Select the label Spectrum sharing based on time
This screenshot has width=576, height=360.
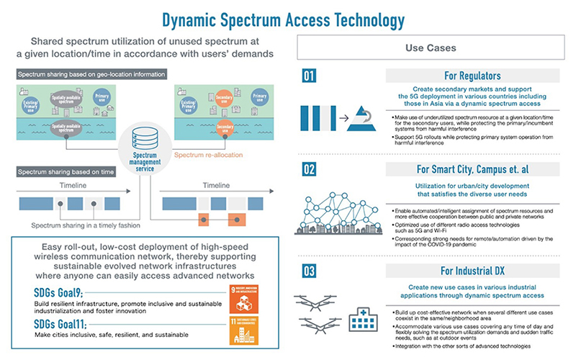tap(65, 171)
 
